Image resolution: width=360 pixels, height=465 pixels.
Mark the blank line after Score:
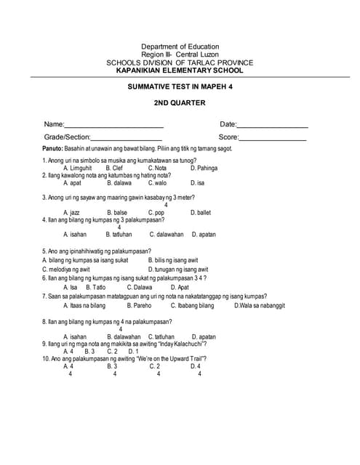(x=273, y=137)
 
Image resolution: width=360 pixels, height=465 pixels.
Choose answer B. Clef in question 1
(x=114, y=168)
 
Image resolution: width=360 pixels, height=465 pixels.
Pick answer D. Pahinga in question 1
(x=204, y=168)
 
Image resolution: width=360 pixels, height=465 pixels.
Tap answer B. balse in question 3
(x=116, y=213)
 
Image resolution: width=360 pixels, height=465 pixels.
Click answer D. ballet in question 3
(x=200, y=213)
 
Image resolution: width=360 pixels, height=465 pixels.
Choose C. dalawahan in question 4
(x=167, y=235)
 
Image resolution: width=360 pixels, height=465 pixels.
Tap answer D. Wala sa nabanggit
(x=259, y=306)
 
